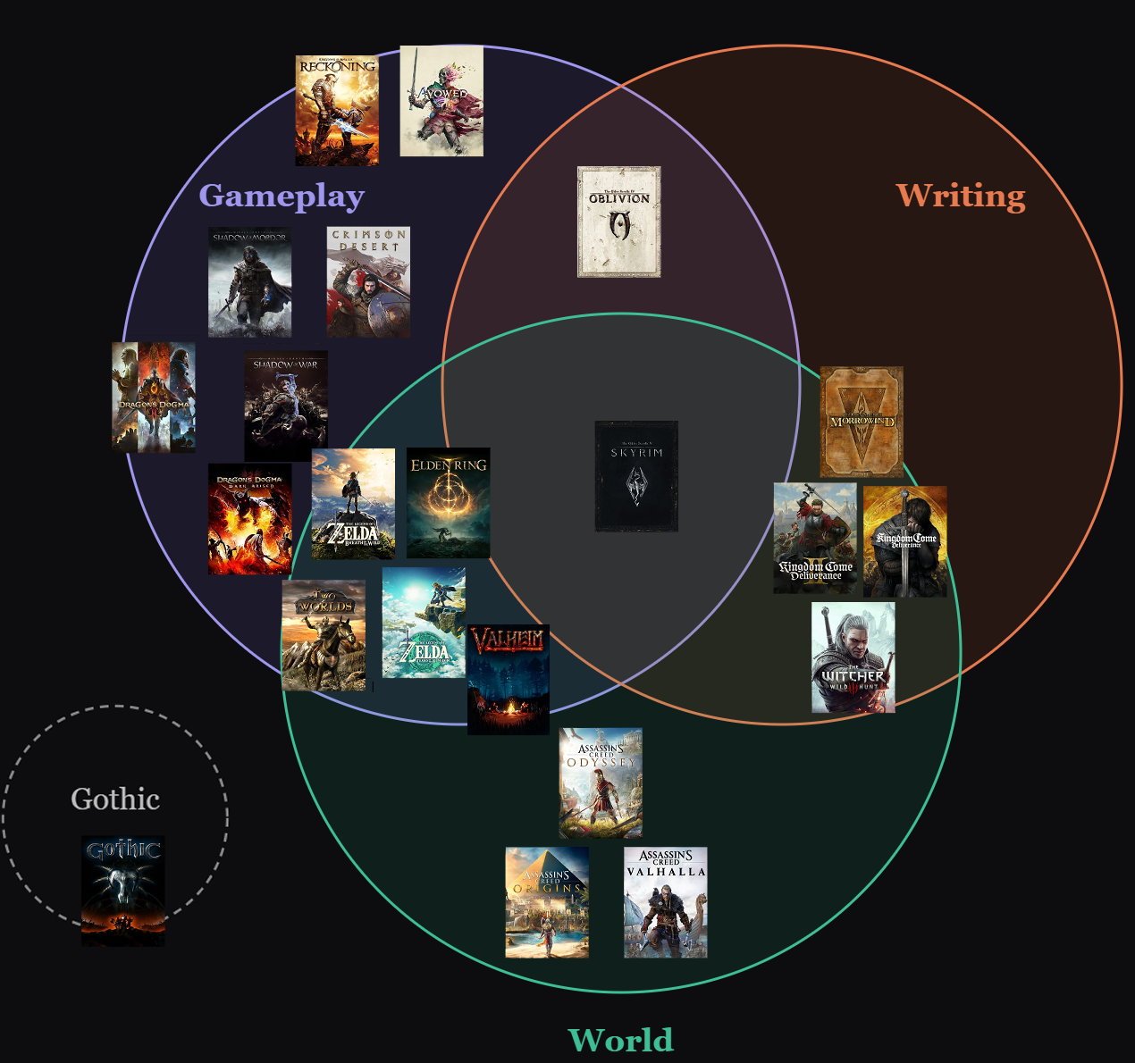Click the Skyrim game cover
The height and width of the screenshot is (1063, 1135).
636,476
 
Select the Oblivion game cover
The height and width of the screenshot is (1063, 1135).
618,222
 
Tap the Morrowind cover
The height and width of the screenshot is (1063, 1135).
862,422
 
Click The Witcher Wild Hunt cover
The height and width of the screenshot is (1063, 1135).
853,657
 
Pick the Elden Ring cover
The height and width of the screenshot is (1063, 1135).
448,503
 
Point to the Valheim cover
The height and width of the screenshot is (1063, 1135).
508,680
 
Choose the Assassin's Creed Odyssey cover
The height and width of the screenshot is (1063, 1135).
601,783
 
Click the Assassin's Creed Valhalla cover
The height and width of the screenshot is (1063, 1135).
666,902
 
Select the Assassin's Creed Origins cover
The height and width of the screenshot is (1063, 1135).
547,902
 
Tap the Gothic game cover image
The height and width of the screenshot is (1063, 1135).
123,891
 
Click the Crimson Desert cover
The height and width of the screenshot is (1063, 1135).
368,281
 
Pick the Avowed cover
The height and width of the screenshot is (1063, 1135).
441,101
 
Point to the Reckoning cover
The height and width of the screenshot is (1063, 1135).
337,111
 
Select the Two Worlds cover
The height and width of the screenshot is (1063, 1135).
324,635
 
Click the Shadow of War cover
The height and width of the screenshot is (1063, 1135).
286,406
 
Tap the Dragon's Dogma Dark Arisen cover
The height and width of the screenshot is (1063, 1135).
250,519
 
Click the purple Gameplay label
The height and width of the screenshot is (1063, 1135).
282,196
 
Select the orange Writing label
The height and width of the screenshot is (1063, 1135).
961,196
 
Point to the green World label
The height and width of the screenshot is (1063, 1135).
621,1040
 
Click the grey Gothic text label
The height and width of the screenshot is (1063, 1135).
115,799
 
